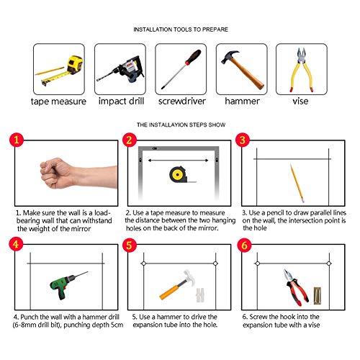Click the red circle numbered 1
tap(17, 140)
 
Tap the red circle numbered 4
tap(16, 244)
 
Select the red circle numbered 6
tap(244, 246)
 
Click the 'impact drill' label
tap(121, 102)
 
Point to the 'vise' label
tap(300, 101)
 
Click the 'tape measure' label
tap(58, 102)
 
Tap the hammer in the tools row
tap(243, 70)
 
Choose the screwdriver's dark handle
tap(193, 57)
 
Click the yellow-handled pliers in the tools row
tap(302, 70)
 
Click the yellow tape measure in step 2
tap(179, 174)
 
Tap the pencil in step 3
tap(297, 184)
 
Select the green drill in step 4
tap(68, 285)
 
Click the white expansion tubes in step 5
tap(200, 294)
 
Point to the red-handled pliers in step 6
tap(296, 287)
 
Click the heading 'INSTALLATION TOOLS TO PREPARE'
tap(181, 30)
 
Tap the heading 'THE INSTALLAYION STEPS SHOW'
tap(181, 125)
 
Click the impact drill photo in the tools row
tap(121, 70)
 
